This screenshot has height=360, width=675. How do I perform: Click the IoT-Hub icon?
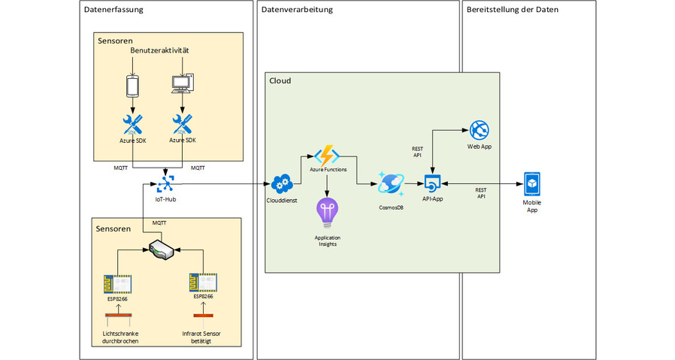[165, 183]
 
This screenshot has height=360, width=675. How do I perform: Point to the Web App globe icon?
[479, 129]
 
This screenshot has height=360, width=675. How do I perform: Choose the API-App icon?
[431, 183]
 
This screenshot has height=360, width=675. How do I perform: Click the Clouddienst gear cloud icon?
[282, 183]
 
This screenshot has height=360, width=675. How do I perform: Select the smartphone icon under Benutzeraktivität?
[133, 86]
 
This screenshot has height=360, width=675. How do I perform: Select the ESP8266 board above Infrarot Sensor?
[201, 282]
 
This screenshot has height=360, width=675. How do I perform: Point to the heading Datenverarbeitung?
[296, 10]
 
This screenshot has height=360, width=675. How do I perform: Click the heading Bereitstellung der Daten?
[513, 10]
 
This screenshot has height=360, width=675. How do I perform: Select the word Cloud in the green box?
[280, 80]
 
